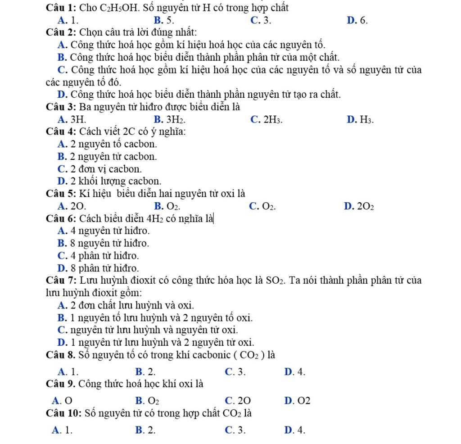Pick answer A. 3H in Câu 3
(70, 119)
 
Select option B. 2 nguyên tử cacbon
(108, 157)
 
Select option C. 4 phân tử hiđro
(99, 256)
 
